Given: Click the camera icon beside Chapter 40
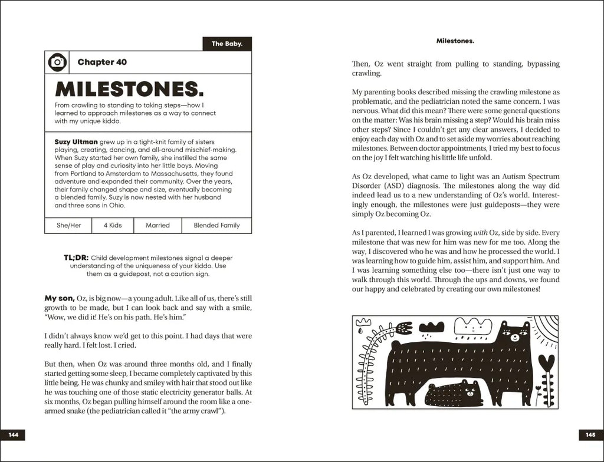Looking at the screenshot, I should point(57,62).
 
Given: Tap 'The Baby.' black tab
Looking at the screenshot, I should point(227,44).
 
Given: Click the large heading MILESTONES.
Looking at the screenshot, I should point(129,89).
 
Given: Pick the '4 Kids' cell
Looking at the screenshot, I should point(111,225).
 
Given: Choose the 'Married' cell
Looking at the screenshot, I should point(157,225).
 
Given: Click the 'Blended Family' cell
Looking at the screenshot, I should point(217,225).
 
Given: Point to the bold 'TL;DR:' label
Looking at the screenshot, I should point(76,258).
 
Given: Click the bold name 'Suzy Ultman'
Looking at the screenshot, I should point(76,142).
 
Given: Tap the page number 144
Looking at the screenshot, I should point(14,435).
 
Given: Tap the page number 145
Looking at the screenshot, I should point(590,435).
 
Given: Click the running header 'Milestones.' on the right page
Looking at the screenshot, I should point(455,41).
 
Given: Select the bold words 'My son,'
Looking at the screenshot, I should point(60,298).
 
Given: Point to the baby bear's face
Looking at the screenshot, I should point(470,388).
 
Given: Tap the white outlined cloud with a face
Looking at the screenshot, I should point(474,325).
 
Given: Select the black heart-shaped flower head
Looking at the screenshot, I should point(546,361).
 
